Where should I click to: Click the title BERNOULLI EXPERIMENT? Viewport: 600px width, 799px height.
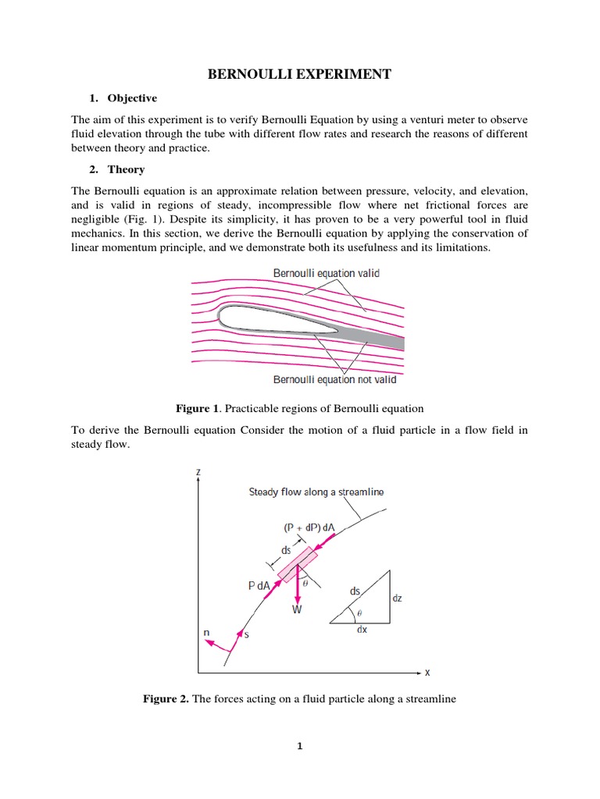click(299, 74)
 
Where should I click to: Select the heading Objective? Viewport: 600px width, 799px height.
click(132, 98)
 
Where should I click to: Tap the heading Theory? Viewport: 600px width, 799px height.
click(126, 169)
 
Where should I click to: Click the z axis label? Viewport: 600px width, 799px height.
click(201, 473)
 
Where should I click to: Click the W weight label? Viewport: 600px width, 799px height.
click(296, 610)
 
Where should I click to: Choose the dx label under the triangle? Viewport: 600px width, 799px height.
click(362, 630)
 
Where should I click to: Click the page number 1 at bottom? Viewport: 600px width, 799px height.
click(299, 746)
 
